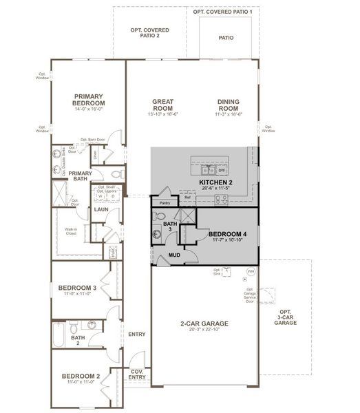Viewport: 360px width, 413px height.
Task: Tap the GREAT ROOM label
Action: tap(162, 105)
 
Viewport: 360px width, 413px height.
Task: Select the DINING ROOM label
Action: tap(228, 105)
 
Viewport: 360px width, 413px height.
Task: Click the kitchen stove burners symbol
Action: tap(222, 200)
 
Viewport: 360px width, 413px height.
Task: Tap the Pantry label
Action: tap(164, 203)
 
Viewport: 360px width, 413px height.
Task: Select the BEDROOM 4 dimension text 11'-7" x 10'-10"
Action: tap(227, 241)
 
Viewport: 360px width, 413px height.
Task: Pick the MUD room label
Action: tap(175, 256)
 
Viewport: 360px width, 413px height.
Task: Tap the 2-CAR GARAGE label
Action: tap(204, 323)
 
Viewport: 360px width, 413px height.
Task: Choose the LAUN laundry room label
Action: tap(101, 209)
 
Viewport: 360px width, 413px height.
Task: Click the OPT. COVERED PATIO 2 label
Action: tap(149, 33)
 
